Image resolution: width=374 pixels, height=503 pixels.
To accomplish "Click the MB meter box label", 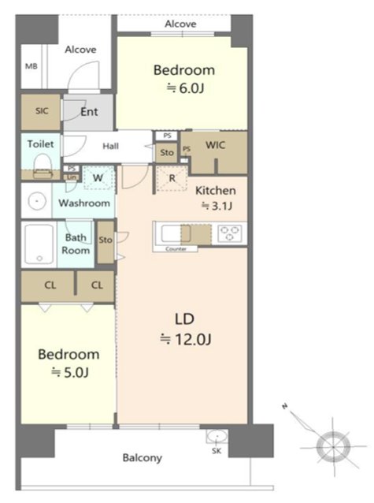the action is coord(31,66).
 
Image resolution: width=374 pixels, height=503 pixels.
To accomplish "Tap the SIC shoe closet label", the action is coord(42,111).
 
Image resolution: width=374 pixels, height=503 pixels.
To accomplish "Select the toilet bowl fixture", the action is coord(43,166).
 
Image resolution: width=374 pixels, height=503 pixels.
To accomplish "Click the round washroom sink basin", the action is coord(37,202).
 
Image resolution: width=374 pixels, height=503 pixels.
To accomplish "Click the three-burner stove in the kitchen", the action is coord(229,233).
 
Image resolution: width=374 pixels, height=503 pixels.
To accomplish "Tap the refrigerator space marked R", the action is coord(172,178).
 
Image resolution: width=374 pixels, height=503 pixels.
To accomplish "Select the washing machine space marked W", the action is coord(98,177).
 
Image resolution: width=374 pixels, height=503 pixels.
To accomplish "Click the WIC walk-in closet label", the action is coord(216,145).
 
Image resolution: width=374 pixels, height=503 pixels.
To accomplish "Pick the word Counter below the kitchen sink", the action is coord(176,249).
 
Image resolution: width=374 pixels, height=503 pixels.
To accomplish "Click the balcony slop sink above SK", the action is coord(217,437).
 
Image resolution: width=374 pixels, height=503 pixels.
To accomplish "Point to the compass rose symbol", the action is coord(332,446).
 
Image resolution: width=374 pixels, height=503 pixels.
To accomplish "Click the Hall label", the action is coord(110,147).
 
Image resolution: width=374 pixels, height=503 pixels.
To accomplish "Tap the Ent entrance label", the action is coord(90,112).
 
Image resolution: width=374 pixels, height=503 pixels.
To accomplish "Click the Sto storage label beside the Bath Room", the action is coord(106,240).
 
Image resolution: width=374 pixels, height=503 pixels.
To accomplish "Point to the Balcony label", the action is coord(143,458).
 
